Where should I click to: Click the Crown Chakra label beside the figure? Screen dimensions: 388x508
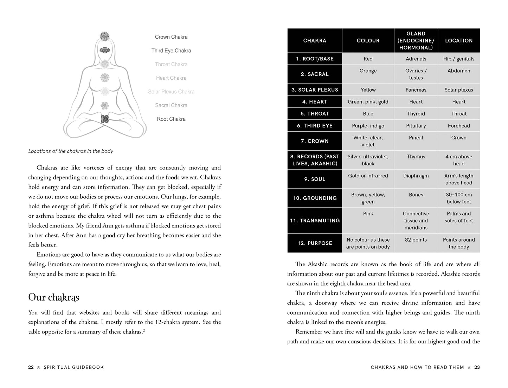tap(171, 37)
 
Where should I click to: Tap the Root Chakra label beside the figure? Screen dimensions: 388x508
tap(171, 119)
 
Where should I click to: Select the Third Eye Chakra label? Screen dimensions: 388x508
tap(171, 51)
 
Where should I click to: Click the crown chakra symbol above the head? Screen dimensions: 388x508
tap(105, 36)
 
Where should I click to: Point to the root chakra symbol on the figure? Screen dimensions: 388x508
tap(105, 119)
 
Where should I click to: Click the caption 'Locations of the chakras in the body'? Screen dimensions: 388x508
tap(71, 151)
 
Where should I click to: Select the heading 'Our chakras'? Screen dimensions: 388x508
tap(54, 297)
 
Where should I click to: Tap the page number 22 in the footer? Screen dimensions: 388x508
tap(31, 367)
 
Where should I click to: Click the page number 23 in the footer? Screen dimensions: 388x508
tap(477, 367)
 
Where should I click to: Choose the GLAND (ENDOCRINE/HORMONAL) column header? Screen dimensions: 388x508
tap(416, 41)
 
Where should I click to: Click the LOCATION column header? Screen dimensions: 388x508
tap(459, 41)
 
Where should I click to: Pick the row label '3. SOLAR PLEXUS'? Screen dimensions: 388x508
tap(315, 90)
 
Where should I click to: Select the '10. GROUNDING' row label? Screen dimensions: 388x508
tap(315, 198)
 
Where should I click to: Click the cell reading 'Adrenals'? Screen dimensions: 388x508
tap(416, 59)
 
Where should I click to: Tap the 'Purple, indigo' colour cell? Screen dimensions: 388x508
tap(368, 126)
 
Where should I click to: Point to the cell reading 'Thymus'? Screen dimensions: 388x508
tap(416, 157)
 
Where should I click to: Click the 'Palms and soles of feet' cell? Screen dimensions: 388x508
tap(459, 217)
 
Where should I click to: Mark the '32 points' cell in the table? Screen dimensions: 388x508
tap(416, 240)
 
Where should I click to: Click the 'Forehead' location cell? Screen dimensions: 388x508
tap(459, 126)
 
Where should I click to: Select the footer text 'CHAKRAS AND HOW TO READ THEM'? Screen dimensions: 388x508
tap(417, 367)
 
